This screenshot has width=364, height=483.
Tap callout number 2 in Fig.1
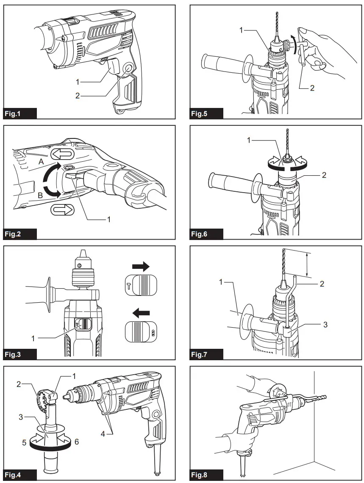(x=77, y=96)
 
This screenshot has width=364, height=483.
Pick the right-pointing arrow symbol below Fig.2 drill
(x=62, y=210)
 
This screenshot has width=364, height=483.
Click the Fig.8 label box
(x=206, y=475)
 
